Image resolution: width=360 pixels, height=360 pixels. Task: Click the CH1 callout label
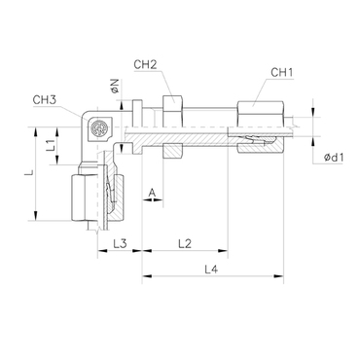[x=281, y=73]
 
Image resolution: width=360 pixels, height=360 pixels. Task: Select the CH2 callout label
[x=145, y=64]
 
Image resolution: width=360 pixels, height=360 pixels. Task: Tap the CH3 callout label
[x=45, y=100]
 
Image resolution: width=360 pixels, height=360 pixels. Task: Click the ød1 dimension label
[x=334, y=158]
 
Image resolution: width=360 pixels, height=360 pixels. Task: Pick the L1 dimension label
[x=50, y=145]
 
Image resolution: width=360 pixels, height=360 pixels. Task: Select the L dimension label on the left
[x=29, y=173]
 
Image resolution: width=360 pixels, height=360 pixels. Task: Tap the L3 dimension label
[x=120, y=243]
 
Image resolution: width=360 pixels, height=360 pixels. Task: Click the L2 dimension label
[x=185, y=243]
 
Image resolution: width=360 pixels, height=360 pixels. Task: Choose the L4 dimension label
[x=211, y=269]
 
